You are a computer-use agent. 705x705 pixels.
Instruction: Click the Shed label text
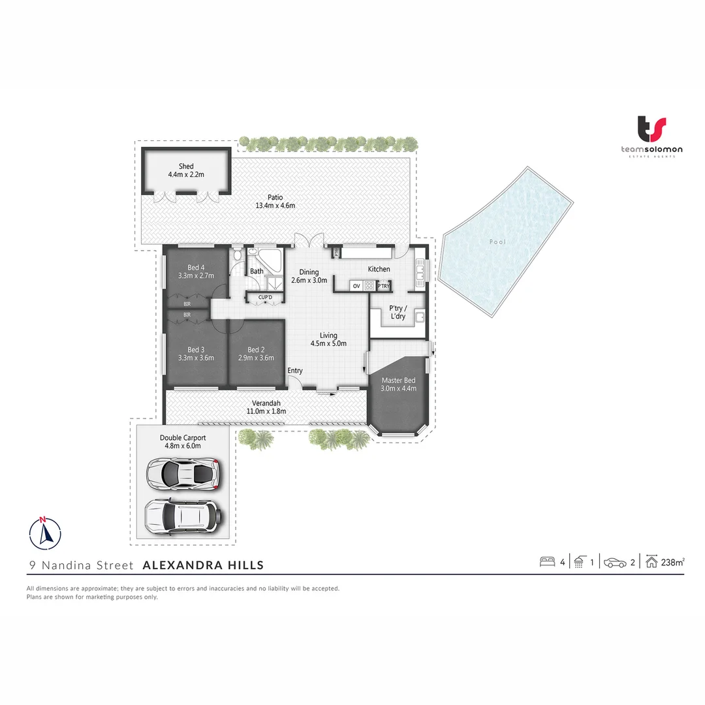click(x=186, y=166)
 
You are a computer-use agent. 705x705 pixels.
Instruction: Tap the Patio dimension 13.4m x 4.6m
click(x=275, y=206)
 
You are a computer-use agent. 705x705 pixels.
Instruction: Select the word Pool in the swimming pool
click(x=497, y=242)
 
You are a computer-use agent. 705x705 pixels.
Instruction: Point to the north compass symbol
click(x=45, y=532)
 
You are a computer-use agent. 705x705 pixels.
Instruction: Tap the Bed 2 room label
click(x=256, y=350)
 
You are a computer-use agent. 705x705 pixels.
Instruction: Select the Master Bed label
click(x=398, y=381)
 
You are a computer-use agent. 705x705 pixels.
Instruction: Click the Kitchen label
click(x=379, y=269)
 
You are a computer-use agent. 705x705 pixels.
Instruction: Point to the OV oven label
click(x=356, y=286)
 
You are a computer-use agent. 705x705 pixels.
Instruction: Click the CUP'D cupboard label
click(x=264, y=298)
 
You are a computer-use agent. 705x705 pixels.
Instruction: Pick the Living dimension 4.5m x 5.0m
click(x=328, y=343)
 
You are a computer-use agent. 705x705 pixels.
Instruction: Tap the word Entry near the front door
click(x=295, y=371)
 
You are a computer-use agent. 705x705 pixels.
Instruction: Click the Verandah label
click(x=266, y=403)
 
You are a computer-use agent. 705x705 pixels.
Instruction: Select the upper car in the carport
click(x=182, y=474)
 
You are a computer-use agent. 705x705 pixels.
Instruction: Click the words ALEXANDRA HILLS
click(x=203, y=565)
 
